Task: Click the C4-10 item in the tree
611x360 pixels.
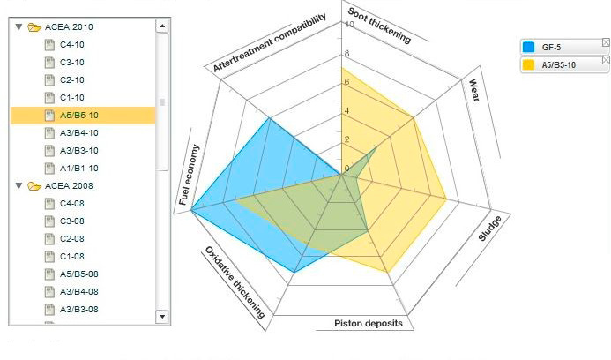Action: (71, 45)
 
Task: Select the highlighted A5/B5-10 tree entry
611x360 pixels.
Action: (78, 116)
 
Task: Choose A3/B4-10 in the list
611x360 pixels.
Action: (78, 133)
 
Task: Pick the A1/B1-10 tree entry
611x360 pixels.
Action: (78, 169)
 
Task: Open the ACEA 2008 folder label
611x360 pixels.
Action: (69, 186)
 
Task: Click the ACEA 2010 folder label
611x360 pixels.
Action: (69, 27)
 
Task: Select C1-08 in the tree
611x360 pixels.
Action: (71, 257)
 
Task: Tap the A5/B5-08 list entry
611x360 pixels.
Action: (78, 274)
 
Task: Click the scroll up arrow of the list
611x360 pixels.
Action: (162, 26)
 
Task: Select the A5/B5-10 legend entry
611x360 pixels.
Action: (559, 64)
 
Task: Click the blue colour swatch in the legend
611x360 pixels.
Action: (529, 47)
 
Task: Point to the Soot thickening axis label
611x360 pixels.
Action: (379, 25)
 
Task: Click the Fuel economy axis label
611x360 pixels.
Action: (190, 175)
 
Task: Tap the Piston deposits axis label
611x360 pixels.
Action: (369, 324)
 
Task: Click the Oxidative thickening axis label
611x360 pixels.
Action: (235, 282)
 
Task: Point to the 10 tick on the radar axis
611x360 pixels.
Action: (349, 25)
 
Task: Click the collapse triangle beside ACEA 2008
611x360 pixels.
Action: (19, 186)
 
